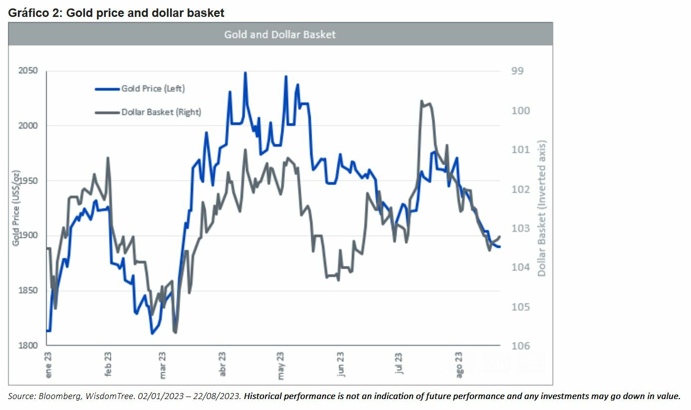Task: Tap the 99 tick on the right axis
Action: (518, 71)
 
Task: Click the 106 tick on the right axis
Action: (520, 345)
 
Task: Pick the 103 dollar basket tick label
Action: (520, 228)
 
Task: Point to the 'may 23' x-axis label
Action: (281, 366)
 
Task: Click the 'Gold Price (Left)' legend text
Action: (153, 89)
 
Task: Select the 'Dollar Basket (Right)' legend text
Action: (161, 112)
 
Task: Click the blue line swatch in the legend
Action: (107, 89)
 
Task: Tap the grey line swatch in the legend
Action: (107, 112)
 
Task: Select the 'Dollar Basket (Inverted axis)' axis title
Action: (541, 208)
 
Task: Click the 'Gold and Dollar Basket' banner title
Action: (280, 34)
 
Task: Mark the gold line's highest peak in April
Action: (245, 73)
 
